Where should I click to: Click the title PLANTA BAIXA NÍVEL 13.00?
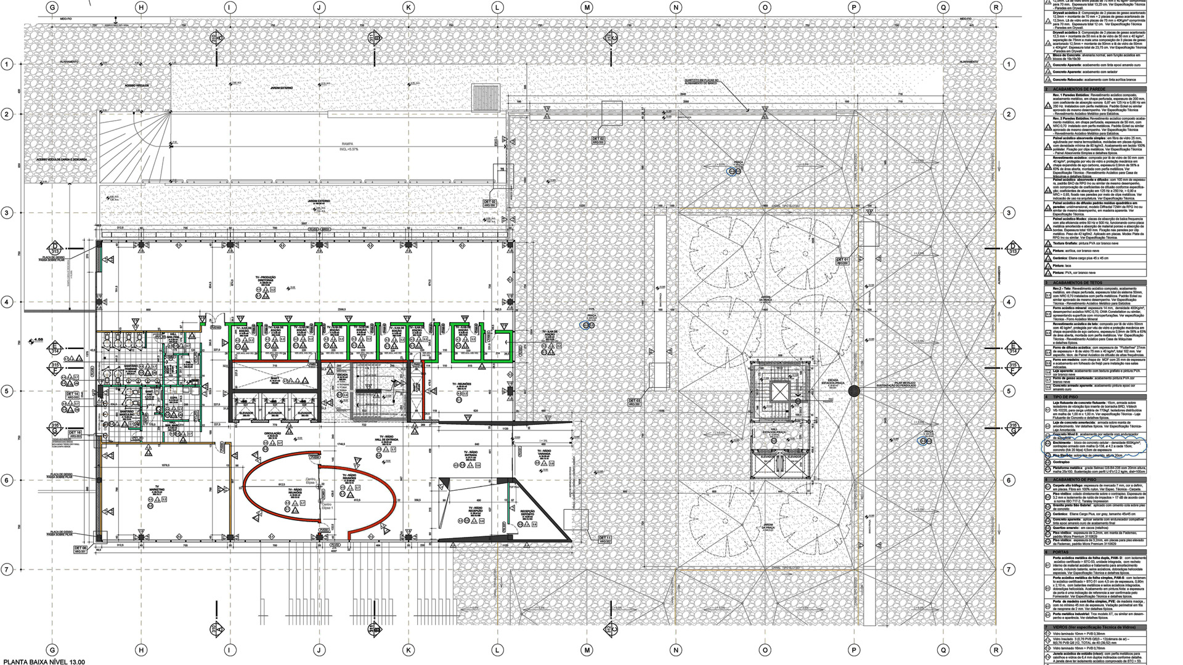[43, 661]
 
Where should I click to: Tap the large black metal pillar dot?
[854, 390]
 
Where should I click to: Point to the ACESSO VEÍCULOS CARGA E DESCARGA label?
[62, 159]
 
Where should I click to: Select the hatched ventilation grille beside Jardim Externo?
[486, 97]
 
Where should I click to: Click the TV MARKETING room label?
[157, 490]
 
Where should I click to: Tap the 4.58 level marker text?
[38, 339]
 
